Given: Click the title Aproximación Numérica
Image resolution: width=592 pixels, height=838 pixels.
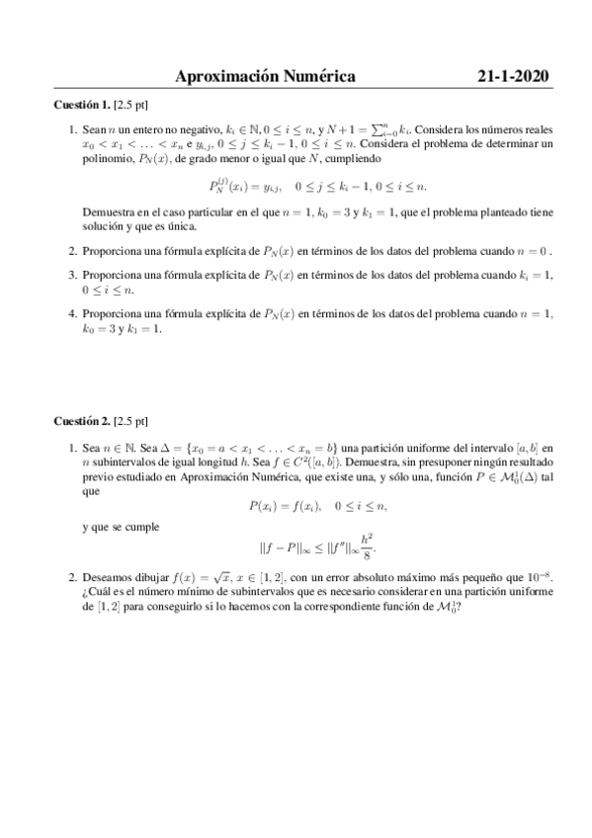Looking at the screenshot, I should (265, 76).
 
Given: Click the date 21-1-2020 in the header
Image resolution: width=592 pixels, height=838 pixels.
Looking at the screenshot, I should (511, 76).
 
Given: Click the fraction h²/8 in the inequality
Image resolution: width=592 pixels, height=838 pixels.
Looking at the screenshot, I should (368, 543).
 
